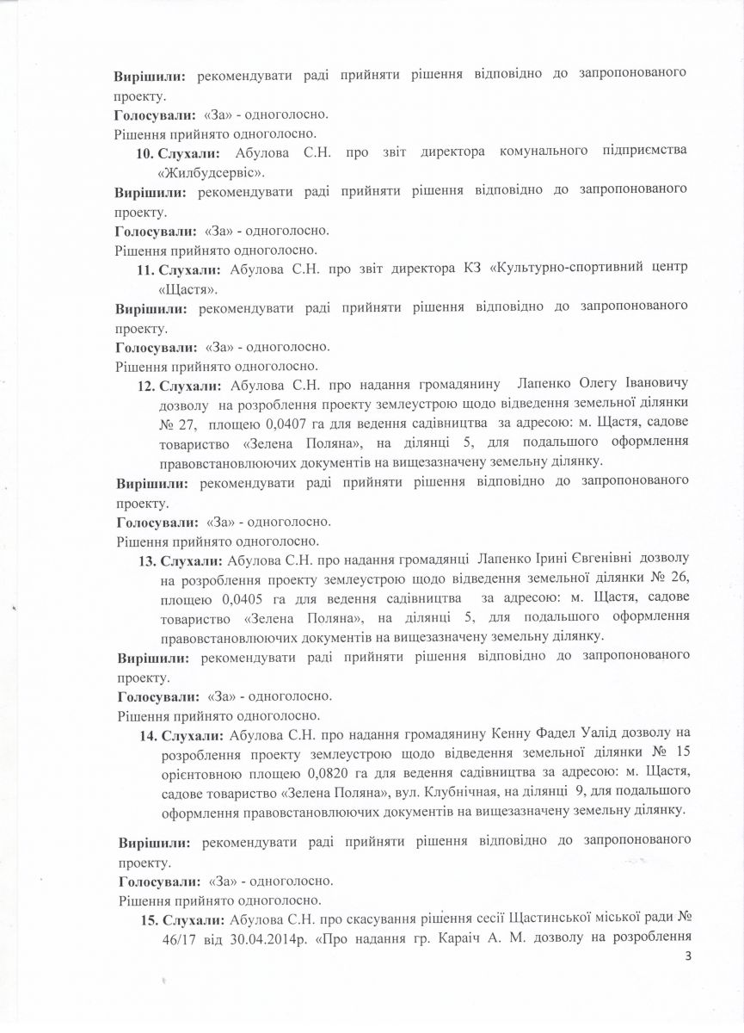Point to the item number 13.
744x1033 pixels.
pyautogui.click(x=147, y=561)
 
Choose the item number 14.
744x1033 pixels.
pyautogui.click(x=147, y=735)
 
